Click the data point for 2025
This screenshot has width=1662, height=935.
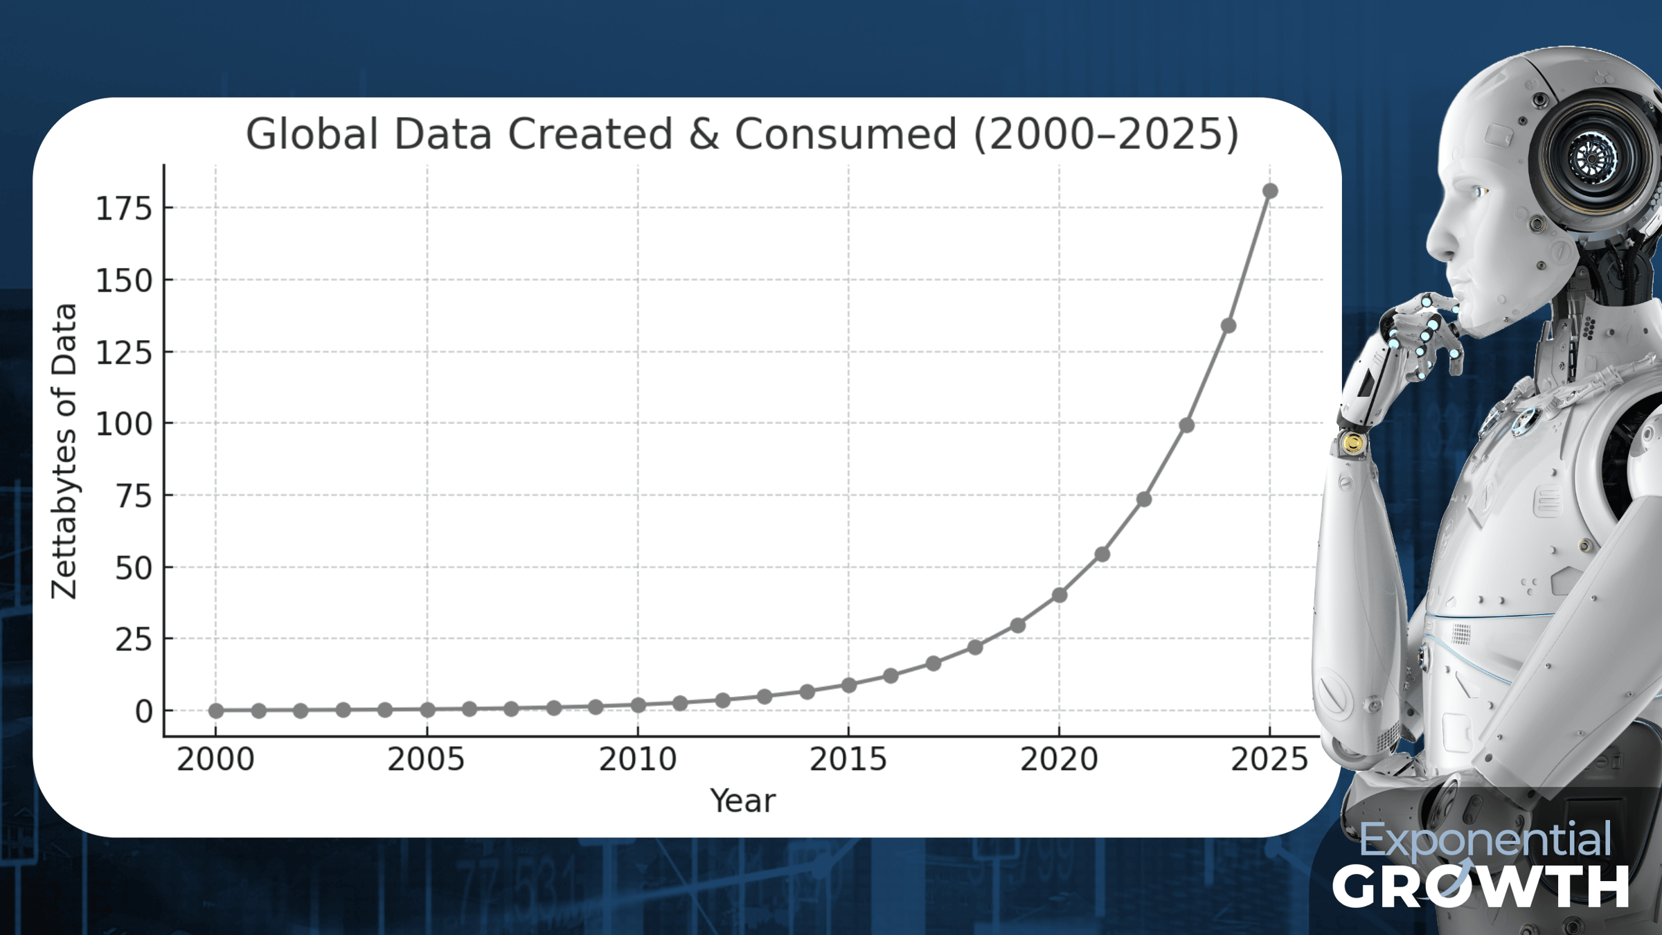click(1270, 190)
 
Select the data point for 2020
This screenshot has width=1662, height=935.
click(1059, 595)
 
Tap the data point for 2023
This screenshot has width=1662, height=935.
click(1186, 425)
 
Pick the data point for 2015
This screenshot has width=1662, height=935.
click(848, 685)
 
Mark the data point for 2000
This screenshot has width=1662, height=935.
click(216, 711)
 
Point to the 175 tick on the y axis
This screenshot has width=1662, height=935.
click(124, 208)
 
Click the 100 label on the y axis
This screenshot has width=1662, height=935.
click(124, 424)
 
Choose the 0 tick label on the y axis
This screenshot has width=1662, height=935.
click(144, 711)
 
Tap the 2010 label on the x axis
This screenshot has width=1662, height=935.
click(638, 760)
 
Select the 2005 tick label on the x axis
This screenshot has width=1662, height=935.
click(426, 760)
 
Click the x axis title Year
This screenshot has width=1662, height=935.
click(743, 801)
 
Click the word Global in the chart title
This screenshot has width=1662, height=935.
click(312, 134)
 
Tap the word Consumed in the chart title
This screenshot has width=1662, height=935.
click(846, 134)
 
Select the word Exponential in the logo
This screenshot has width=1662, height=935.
click(1485, 840)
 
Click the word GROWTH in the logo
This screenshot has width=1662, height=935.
click(1481, 887)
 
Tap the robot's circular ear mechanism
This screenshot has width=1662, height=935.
click(1592, 158)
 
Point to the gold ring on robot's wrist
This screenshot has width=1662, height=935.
click(1352, 443)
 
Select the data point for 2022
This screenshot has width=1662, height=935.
click(1144, 499)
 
